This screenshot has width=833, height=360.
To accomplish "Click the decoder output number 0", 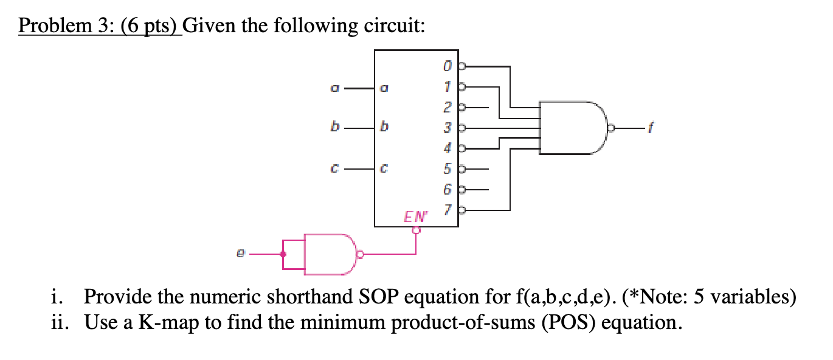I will click(x=448, y=64).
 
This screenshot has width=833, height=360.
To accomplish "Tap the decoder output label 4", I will click(x=448, y=147).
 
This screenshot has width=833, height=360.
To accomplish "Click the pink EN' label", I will click(x=416, y=215).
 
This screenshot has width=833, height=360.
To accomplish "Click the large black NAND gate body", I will click(x=572, y=128).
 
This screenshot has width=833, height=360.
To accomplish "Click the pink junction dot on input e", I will click(x=282, y=254).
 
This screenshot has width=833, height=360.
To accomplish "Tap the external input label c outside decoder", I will click(x=333, y=170).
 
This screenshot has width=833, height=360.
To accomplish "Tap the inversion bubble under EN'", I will click(x=416, y=230).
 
